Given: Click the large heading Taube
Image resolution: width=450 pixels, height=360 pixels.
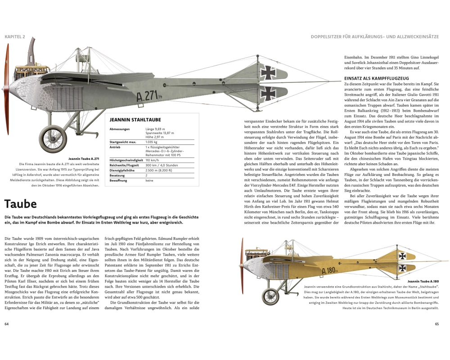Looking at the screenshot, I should pos(21,203).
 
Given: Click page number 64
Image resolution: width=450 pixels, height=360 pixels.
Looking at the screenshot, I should pos(6,324).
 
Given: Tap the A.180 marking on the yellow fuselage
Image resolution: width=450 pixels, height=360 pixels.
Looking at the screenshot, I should pos(331,270).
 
